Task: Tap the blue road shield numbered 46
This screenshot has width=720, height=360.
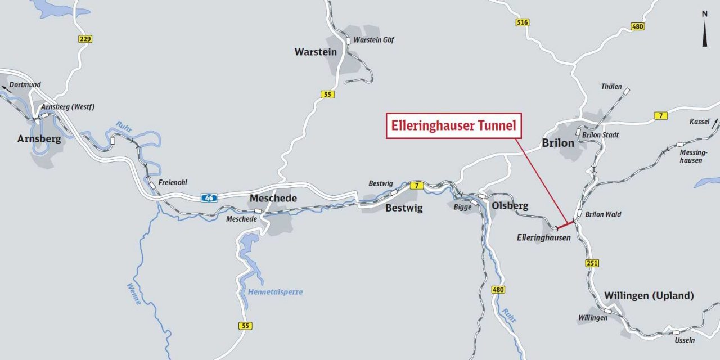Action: tap(209, 197)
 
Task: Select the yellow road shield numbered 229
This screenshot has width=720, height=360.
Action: tap(85, 39)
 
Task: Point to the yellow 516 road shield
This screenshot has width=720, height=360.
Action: tap(522, 22)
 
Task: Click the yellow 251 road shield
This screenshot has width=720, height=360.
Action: tap(592, 263)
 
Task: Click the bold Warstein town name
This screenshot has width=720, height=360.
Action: tap(316, 52)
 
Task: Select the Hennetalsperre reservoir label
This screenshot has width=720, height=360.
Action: tap(275, 291)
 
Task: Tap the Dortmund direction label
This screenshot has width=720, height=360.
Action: tap(25, 84)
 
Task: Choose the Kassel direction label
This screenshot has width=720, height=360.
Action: tap(699, 121)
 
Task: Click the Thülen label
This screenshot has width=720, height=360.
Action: tap(611, 87)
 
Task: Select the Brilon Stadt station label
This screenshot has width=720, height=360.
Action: tap(601, 135)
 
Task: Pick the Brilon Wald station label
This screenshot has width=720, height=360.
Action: tap(603, 214)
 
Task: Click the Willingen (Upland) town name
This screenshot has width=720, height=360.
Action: tap(649, 295)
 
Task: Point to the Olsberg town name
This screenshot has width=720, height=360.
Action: tap(510, 205)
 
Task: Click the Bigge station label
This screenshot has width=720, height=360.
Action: tap(462, 206)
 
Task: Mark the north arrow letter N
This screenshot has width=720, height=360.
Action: tap(704, 13)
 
